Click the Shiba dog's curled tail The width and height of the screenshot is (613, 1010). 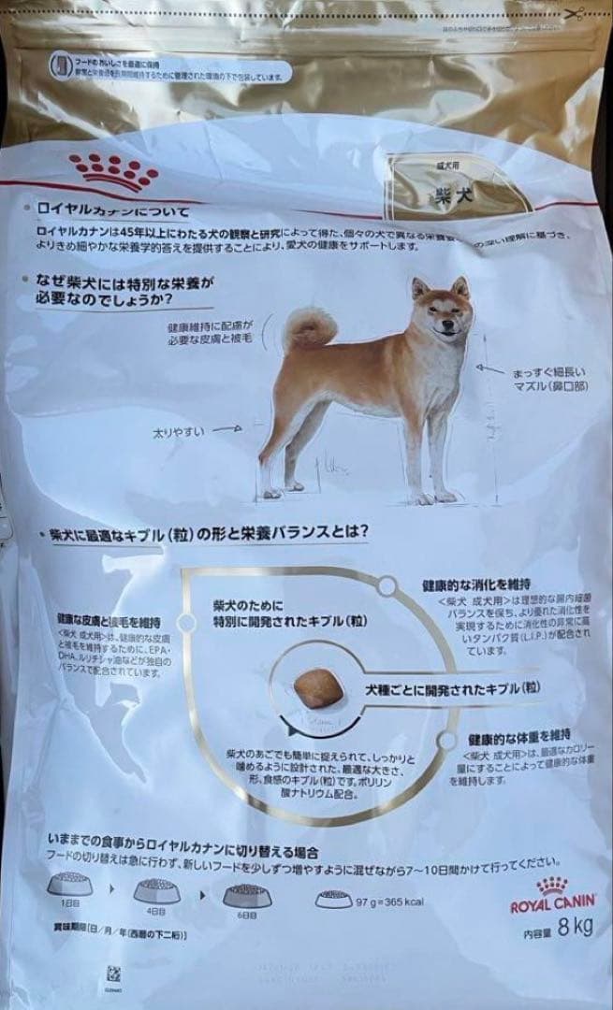(x=310, y=327)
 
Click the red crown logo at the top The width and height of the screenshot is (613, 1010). (x=115, y=171)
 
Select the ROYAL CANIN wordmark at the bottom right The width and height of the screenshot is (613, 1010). (x=553, y=906)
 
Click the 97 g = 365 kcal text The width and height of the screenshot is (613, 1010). (x=389, y=901)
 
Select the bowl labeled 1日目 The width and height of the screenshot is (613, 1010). (x=70, y=884)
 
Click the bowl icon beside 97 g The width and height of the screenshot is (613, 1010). (x=334, y=900)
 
